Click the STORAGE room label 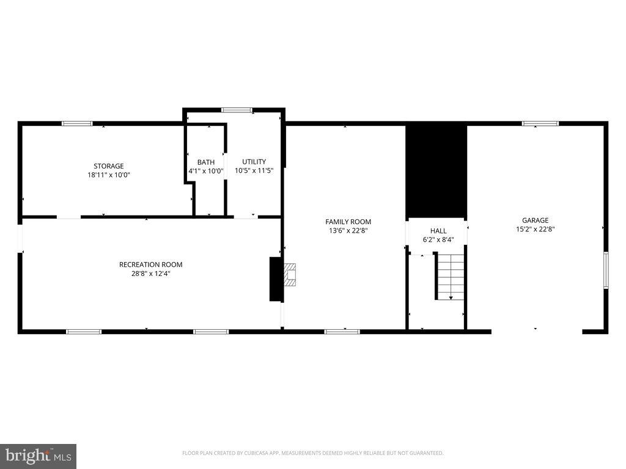(109, 166)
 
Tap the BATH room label (206, 162)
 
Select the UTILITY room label (254, 162)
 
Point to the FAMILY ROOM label (348, 222)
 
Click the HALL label (438, 231)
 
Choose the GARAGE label (535, 220)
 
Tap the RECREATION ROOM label (150, 264)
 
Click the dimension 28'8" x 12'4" (150, 274)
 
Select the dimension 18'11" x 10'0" (109, 175)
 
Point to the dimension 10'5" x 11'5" (254, 171)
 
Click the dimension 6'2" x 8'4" (438, 240)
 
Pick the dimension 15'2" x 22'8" (535, 230)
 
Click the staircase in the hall (451, 277)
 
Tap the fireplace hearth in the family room (289, 274)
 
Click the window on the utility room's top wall (237, 110)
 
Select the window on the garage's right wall (606, 269)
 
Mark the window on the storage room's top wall (77, 124)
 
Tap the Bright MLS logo (38, 456)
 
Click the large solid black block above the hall (436, 171)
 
